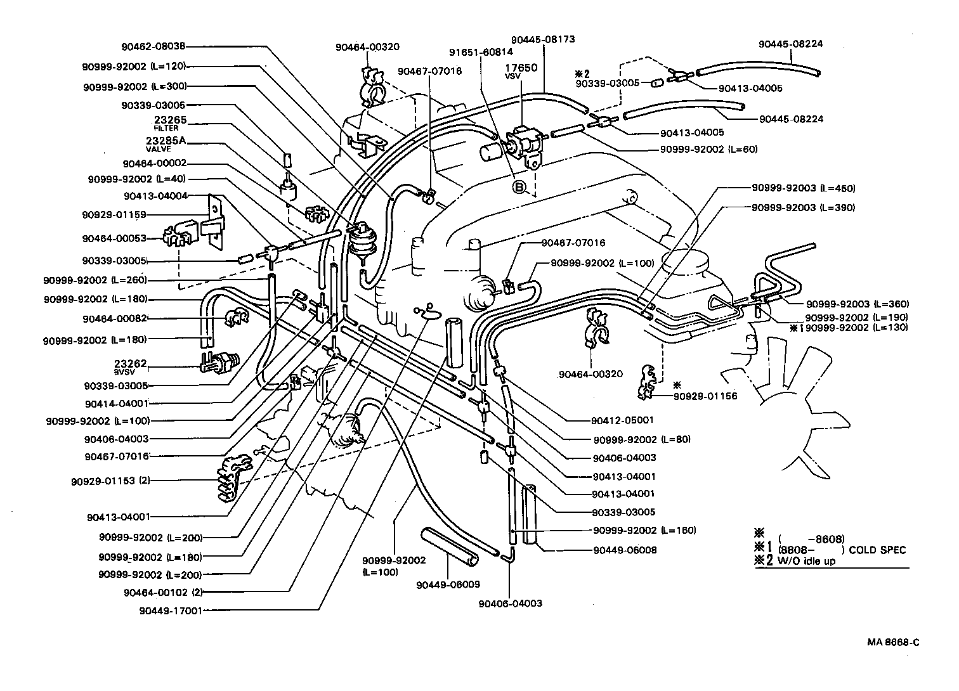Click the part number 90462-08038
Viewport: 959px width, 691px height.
coord(153,46)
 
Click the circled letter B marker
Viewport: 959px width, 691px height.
coord(519,187)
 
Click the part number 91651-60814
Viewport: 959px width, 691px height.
coord(481,53)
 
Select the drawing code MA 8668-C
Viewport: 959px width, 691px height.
coord(893,642)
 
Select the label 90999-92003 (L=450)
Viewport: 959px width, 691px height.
coord(803,188)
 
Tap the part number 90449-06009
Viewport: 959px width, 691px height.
coord(448,584)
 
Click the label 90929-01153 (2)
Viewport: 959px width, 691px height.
coord(110,481)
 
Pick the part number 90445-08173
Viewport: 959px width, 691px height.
coord(543,39)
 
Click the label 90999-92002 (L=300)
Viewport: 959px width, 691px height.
coord(134,86)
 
